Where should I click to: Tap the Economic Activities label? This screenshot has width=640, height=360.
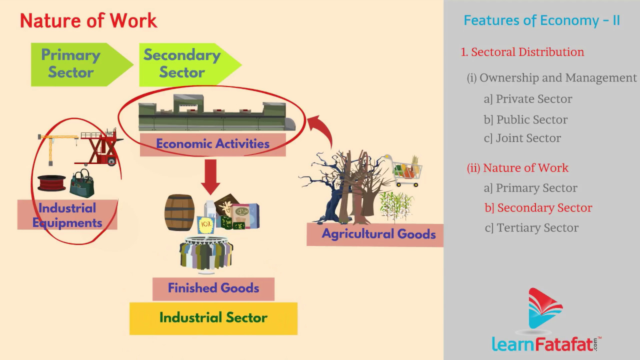[212, 144]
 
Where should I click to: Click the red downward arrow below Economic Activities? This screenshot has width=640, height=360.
[211, 176]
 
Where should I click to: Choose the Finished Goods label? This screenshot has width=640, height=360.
[213, 288]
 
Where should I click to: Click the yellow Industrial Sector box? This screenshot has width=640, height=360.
[213, 318]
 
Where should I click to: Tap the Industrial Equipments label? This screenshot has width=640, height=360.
[67, 215]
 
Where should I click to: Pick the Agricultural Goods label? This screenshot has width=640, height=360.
[378, 234]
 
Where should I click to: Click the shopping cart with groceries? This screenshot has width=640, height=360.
[405, 170]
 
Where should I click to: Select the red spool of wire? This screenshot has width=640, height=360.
[51, 183]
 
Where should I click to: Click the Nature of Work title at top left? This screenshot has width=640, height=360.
[88, 21]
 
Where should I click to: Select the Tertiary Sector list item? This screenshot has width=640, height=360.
[531, 228]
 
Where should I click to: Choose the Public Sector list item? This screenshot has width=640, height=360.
[525, 120]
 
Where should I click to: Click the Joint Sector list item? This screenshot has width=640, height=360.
[522, 138]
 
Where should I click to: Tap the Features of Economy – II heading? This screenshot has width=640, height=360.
[541, 21]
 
